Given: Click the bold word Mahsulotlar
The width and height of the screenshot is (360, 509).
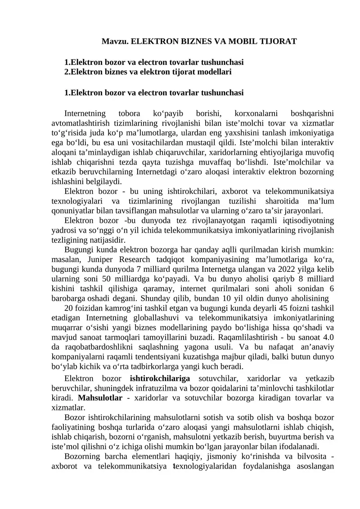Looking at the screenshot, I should (x=100, y=398).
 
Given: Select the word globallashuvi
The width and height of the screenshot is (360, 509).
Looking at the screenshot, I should (x=156, y=318).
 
